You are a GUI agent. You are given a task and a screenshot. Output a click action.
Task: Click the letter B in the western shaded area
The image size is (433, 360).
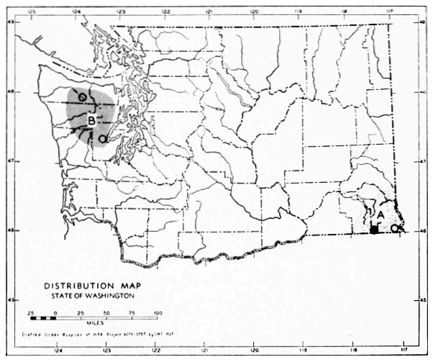[91, 120]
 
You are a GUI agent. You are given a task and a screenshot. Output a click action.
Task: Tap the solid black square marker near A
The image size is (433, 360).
[374, 230]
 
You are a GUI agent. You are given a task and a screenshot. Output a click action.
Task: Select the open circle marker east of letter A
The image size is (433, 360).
[394, 228]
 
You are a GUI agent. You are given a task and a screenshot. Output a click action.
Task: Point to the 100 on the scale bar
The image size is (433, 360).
[158, 312]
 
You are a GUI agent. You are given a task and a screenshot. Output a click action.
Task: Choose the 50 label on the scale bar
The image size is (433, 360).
[106, 312]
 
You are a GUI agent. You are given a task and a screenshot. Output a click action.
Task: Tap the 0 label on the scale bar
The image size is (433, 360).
[55, 312]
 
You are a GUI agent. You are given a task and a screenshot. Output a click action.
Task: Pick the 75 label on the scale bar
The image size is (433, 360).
[132, 312]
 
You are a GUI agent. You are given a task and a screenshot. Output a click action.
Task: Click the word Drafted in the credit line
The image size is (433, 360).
[28, 336]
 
